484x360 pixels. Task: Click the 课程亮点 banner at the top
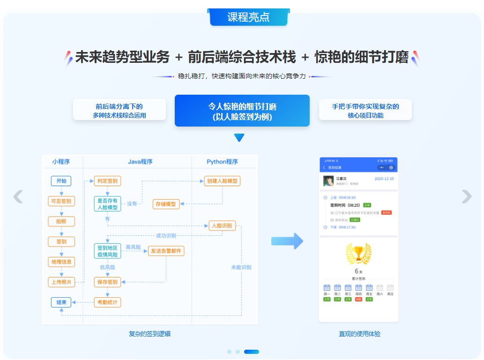[x=248, y=17]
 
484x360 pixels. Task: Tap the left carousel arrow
[x=18, y=196]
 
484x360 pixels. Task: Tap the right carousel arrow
[x=466, y=196]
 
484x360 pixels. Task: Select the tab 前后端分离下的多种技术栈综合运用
[x=119, y=111]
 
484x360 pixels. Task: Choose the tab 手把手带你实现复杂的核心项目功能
[x=365, y=111]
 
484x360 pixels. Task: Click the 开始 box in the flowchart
[x=61, y=181]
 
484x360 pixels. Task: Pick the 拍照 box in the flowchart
[x=61, y=221]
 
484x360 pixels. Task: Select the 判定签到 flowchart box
[x=107, y=181]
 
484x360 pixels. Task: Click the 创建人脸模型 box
[x=222, y=181]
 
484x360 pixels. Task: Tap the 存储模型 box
[x=166, y=204]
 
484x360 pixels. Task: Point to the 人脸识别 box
[x=222, y=225]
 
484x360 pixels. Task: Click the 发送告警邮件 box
[x=166, y=251]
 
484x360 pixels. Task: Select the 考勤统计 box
[x=107, y=302]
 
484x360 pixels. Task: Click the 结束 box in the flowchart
[x=61, y=302]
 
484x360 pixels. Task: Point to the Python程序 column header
[x=222, y=162]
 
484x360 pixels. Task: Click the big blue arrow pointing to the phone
[x=287, y=241]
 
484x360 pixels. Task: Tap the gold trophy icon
[x=358, y=254]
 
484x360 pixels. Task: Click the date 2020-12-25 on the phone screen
[x=384, y=179]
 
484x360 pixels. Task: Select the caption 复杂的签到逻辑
[x=149, y=334]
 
